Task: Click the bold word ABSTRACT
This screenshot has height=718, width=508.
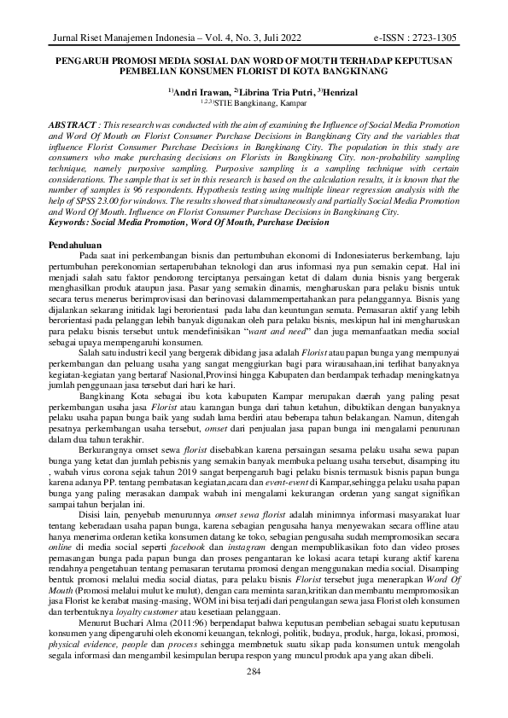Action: pyautogui.click(x=69, y=124)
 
